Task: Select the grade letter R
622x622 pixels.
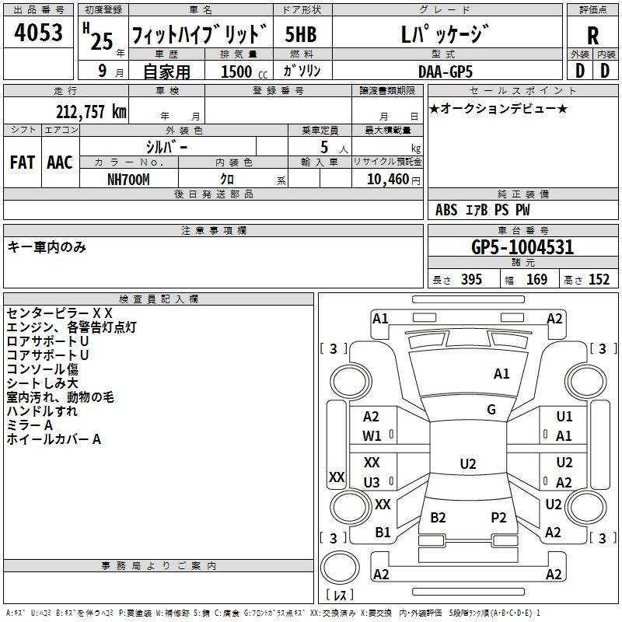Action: [x=592, y=37]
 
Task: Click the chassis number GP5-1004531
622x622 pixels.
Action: [x=522, y=248]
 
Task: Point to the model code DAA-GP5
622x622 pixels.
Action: [x=444, y=72]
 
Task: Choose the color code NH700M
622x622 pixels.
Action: [x=128, y=179]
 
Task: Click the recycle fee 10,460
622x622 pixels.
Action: [x=387, y=179]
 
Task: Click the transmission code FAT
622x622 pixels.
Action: [x=22, y=162]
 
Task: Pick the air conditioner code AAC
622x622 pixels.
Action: [x=60, y=162]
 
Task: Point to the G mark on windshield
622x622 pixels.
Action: [x=491, y=410]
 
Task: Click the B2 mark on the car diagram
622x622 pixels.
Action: [x=439, y=517]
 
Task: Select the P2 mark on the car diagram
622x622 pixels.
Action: [x=498, y=517]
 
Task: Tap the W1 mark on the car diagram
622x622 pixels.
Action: [x=372, y=436]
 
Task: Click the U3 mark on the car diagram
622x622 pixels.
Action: [x=372, y=482]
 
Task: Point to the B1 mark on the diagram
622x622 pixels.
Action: [x=383, y=533]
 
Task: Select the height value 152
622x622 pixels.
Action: [x=599, y=280]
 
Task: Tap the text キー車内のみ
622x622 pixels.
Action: [x=47, y=247]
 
